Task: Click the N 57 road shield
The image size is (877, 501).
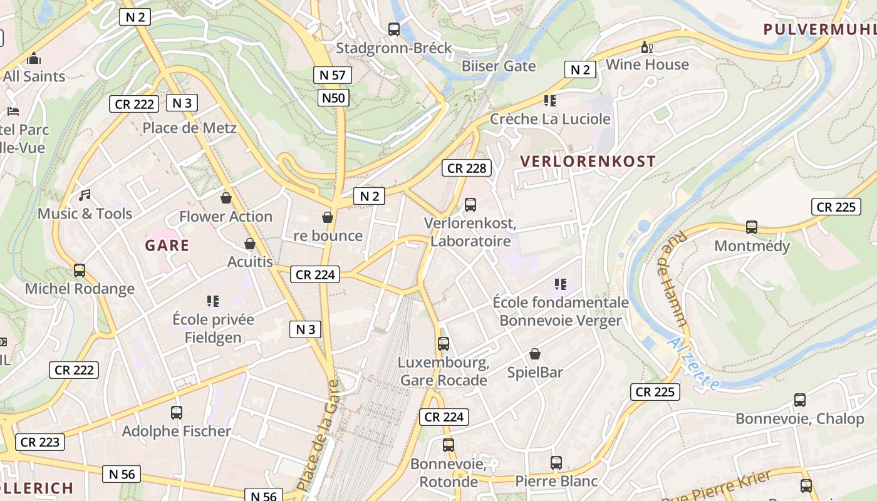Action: click(x=332, y=75)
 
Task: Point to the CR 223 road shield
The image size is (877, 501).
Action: click(x=40, y=442)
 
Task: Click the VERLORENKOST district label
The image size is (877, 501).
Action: click(x=588, y=161)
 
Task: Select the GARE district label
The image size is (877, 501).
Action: click(x=167, y=245)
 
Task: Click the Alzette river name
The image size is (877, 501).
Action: click(x=694, y=363)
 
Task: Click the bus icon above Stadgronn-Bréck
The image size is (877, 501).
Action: click(x=394, y=29)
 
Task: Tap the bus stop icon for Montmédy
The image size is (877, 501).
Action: click(x=752, y=227)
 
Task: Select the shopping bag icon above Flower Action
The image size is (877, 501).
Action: click(x=226, y=198)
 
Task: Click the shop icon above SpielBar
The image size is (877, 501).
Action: click(x=535, y=354)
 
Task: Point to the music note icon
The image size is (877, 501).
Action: click(x=85, y=195)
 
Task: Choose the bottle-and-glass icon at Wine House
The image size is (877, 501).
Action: click(x=646, y=47)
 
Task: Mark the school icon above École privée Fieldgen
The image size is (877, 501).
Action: click(x=213, y=301)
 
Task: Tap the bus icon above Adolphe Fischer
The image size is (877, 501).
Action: click(x=177, y=413)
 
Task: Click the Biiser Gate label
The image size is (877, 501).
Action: click(x=499, y=66)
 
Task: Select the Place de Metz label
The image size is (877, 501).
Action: click(x=189, y=128)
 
